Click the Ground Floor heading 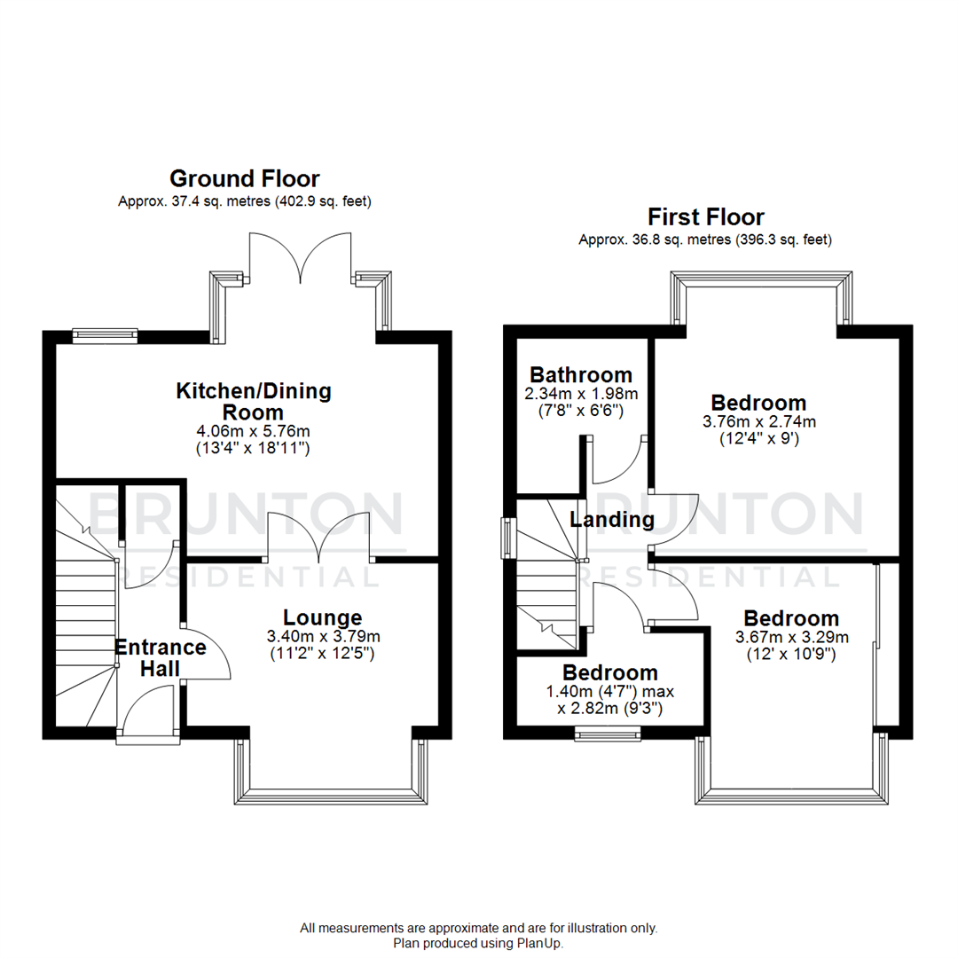pyautogui.click(x=244, y=179)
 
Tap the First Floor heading pyautogui.click(x=705, y=216)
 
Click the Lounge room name pyautogui.click(x=322, y=617)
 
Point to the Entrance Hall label pyautogui.click(x=161, y=656)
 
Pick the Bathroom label pyautogui.click(x=581, y=374)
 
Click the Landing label pyautogui.click(x=612, y=520)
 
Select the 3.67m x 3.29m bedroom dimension pyautogui.click(x=791, y=637)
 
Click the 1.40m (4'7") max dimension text pyautogui.click(x=610, y=691)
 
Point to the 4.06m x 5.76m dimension pyautogui.click(x=253, y=432)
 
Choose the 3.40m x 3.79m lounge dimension pyautogui.click(x=322, y=636)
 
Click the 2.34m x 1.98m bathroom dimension pyautogui.click(x=581, y=393)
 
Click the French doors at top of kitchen pyautogui.click(x=301, y=257)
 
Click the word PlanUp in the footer pyautogui.click(x=542, y=944)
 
